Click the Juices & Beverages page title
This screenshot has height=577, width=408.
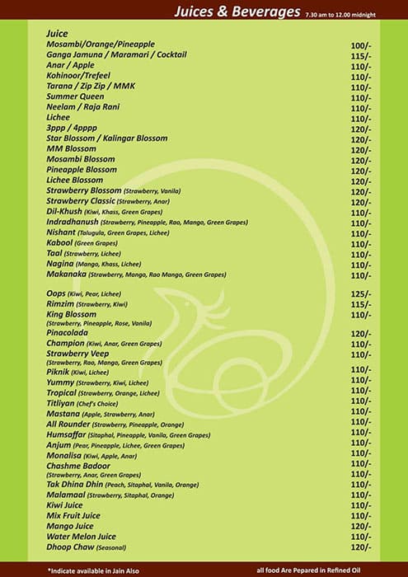pos(237,12)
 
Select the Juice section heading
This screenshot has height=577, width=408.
pos(58,33)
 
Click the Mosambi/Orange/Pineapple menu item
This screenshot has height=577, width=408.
pos(101,44)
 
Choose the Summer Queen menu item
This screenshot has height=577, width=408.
pos(75,96)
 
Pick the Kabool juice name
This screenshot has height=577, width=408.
pos(60,243)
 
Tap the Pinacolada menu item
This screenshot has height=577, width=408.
pos(70,334)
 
